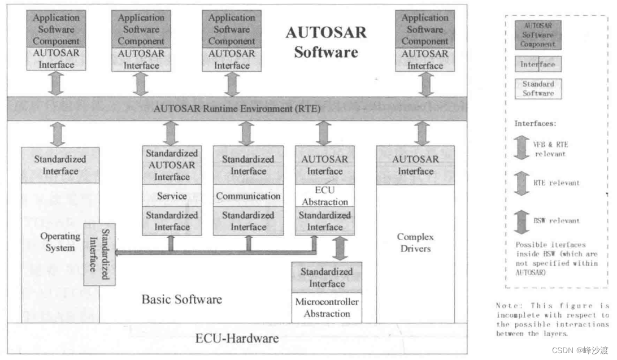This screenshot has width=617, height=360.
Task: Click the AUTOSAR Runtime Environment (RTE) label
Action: (x=237, y=109)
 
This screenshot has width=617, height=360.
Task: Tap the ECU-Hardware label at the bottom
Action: (x=237, y=339)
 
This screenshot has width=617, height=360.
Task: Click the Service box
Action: (x=172, y=196)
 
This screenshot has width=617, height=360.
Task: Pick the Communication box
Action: (x=248, y=196)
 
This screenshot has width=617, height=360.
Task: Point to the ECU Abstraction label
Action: (x=325, y=196)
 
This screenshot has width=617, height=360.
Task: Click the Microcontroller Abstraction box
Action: (x=327, y=307)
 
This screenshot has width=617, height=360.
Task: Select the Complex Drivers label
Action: (x=415, y=242)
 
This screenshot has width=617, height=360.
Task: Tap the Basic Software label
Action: (x=181, y=300)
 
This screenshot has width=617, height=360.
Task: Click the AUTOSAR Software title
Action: (x=326, y=42)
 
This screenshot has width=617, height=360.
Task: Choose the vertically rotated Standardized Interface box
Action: (x=99, y=254)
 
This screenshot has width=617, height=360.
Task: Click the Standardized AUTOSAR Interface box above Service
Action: (x=172, y=165)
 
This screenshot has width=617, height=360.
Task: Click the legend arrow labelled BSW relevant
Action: (x=522, y=221)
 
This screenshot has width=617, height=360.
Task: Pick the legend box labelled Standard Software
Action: (x=538, y=89)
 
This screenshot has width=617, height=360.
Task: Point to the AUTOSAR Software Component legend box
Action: (x=538, y=34)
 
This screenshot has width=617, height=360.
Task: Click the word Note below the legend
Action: (x=505, y=306)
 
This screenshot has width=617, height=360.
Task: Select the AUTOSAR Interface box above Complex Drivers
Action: (x=415, y=165)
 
